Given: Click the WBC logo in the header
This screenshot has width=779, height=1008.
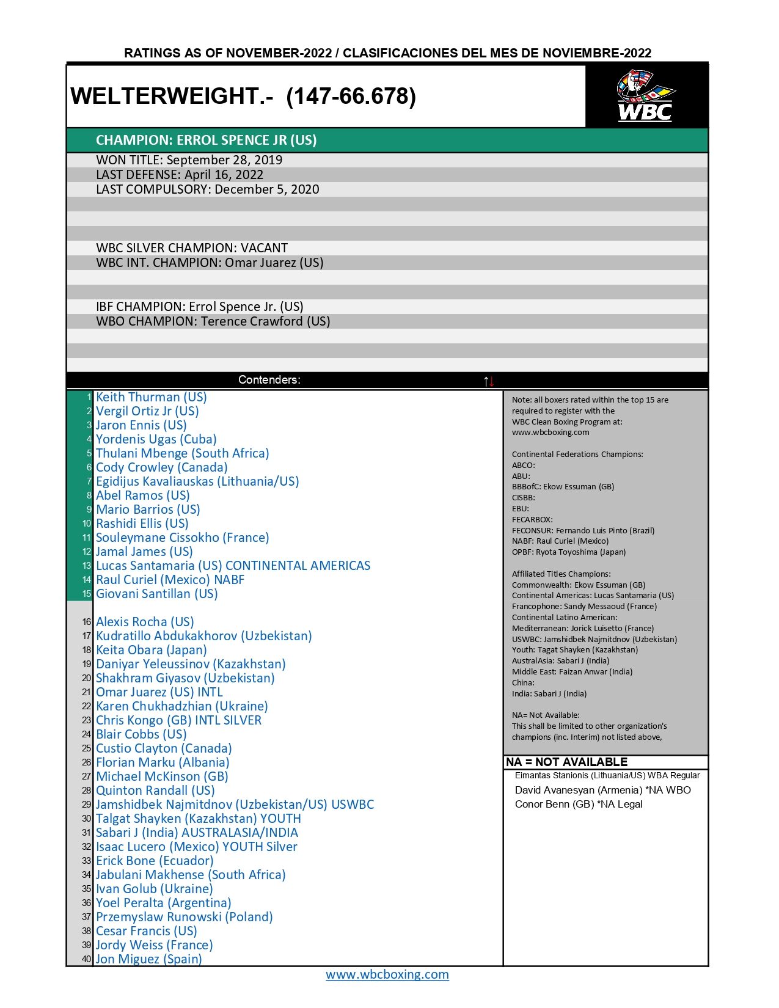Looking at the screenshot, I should (645, 96).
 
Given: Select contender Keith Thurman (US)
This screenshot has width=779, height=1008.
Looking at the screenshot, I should (151, 397).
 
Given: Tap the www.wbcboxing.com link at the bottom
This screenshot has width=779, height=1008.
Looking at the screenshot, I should (387, 974).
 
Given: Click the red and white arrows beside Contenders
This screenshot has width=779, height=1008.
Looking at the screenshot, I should (489, 381).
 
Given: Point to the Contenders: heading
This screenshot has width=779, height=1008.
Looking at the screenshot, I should (269, 380).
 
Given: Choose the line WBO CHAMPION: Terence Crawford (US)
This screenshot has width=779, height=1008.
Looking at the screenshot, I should (213, 321).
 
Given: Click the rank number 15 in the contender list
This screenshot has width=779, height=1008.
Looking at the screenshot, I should (87, 594).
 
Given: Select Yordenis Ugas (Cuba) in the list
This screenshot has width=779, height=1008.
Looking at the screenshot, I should (156, 439).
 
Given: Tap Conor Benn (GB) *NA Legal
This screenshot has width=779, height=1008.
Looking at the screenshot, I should (578, 804).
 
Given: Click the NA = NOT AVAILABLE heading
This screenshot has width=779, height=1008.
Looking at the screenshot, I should (566, 762).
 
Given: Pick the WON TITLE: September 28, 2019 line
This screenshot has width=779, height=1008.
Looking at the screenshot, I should (189, 160).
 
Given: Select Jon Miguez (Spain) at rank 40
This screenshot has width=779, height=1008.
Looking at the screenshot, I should (148, 959).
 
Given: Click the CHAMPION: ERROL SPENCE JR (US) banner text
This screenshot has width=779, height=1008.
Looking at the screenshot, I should (206, 140).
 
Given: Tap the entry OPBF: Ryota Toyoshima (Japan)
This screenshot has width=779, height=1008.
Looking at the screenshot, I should (568, 552).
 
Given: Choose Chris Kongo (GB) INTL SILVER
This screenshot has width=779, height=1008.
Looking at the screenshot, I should (178, 720).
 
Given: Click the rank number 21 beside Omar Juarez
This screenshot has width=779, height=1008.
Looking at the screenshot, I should (87, 693).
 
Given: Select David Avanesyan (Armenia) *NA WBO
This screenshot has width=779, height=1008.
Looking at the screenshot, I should (602, 790).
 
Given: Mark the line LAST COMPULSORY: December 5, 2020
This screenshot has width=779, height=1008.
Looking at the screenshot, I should (207, 189).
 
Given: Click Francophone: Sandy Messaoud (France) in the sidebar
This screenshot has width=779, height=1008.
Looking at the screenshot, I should (584, 607).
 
